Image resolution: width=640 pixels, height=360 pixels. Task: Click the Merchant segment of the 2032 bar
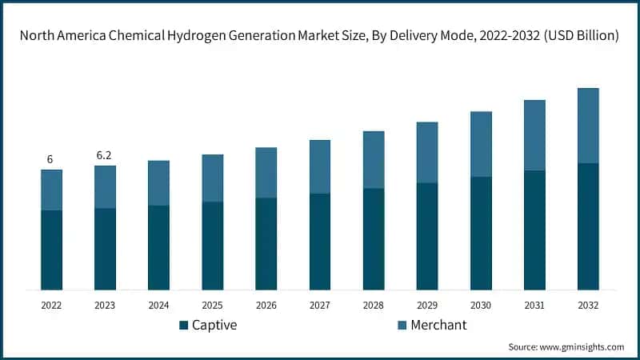[x=588, y=126]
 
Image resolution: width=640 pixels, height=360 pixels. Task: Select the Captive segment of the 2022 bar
[x=51, y=250]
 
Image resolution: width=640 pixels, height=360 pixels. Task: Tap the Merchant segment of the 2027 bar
[x=320, y=166]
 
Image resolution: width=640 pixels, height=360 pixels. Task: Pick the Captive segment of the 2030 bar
[x=481, y=233]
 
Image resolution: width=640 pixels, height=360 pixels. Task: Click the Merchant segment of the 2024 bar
[x=158, y=183]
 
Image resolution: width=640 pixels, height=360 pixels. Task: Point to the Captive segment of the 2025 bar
[x=212, y=246]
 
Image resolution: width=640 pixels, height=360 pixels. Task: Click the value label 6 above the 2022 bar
[x=50, y=160]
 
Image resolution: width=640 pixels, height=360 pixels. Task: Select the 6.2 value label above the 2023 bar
[x=104, y=155]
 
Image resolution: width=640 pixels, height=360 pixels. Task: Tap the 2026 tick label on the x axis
[x=266, y=306]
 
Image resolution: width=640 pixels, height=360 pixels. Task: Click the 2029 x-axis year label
[x=427, y=306]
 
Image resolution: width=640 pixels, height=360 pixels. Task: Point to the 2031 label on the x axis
[x=534, y=306]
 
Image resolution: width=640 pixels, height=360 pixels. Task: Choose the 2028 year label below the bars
[x=374, y=306]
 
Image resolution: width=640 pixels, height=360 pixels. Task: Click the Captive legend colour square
[x=184, y=326]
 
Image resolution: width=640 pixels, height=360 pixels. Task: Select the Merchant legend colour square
[x=402, y=326]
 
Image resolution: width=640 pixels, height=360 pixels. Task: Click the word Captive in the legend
[x=215, y=326]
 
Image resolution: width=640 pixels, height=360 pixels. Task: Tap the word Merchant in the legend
[x=438, y=326]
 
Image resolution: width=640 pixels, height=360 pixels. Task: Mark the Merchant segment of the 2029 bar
[x=427, y=152]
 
